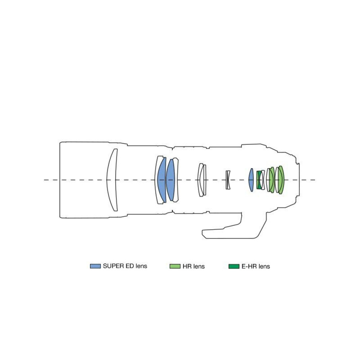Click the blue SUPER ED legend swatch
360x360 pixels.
pyautogui.click(x=95, y=266)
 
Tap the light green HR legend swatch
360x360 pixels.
pyautogui.click(x=175, y=266)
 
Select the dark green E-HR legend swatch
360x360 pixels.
pyautogui.click(x=234, y=266)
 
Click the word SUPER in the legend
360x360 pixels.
pyautogui.click(x=113, y=266)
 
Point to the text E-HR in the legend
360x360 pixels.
pyautogui.click(x=249, y=266)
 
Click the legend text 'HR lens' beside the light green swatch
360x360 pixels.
pyautogui.click(x=194, y=266)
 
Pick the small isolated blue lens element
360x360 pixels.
pyautogui.click(x=251, y=180)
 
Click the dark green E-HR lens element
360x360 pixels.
pyautogui.click(x=259, y=180)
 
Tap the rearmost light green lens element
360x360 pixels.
pyautogui.click(x=282, y=180)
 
